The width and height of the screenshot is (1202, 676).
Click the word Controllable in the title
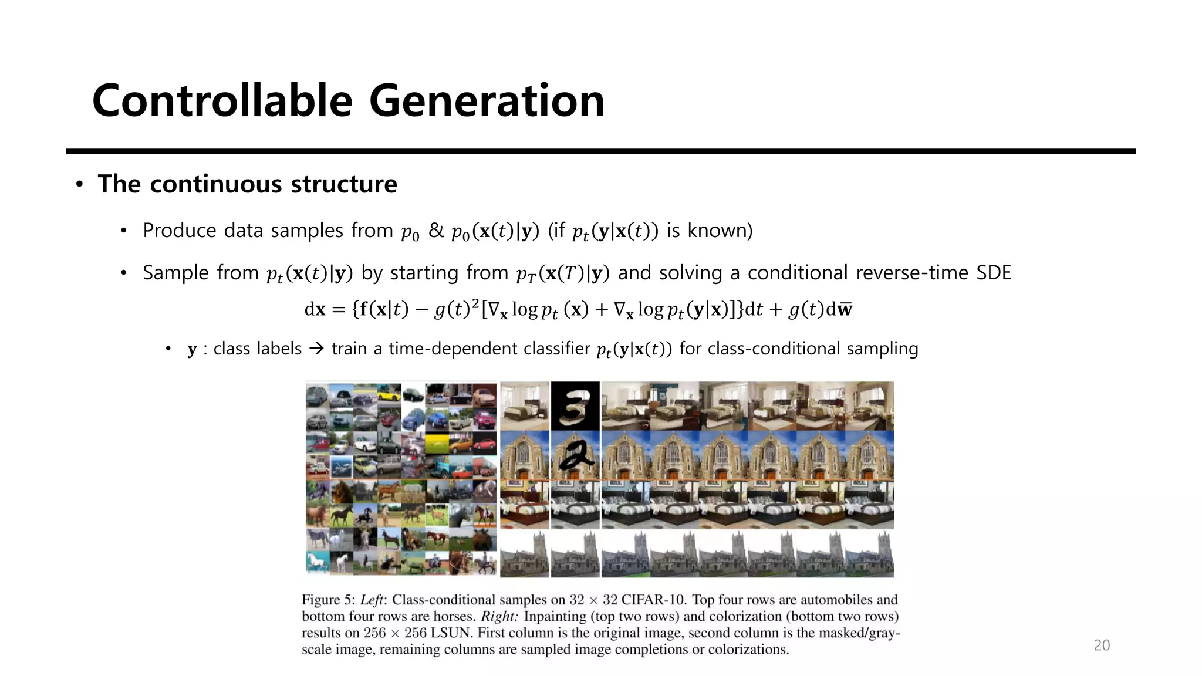[x=222, y=101]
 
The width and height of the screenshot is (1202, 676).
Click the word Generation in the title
[x=487, y=101]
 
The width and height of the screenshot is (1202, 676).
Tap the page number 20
[x=1102, y=645]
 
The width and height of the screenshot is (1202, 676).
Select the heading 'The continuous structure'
[x=247, y=184]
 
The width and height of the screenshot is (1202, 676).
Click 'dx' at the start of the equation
[x=315, y=309]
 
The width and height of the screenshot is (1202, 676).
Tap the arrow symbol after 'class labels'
[x=316, y=349]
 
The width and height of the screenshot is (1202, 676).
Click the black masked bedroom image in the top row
[x=575, y=405]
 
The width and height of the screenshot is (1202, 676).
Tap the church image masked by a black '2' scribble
[x=575, y=455]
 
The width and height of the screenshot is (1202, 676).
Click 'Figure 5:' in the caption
[x=329, y=600]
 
